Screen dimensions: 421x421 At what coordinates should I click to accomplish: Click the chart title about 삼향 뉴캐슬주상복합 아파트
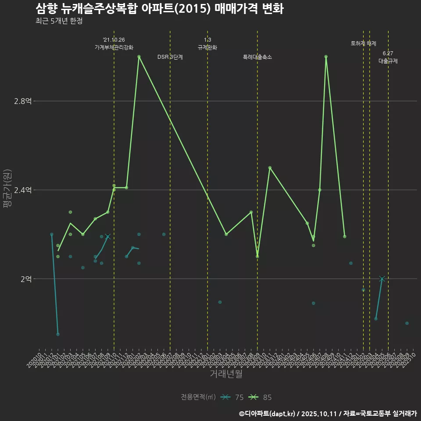pyautogui.click(x=159, y=9)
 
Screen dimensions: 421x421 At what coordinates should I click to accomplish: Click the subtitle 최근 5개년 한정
pyautogui.click(x=59, y=21)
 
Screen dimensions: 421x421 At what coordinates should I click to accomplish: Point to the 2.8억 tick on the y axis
pyautogui.click(x=23, y=101)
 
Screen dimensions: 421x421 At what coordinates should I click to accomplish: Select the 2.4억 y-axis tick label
pyautogui.click(x=23, y=190)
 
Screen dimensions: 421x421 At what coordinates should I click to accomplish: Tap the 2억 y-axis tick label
pyautogui.click(x=26, y=279)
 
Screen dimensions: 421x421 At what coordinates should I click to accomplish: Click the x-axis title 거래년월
pyautogui.click(x=226, y=374)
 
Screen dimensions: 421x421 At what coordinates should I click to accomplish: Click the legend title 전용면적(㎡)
pyautogui.click(x=198, y=397)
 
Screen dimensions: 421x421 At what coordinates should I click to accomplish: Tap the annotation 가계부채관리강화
pyautogui.click(x=114, y=47)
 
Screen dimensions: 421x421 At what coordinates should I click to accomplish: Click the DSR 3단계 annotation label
pyautogui.click(x=170, y=57)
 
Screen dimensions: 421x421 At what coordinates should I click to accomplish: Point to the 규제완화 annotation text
pyautogui.click(x=207, y=47)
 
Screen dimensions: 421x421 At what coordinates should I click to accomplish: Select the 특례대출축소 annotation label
pyautogui.click(x=257, y=57)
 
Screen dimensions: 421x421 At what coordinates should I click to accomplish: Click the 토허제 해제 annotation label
pyautogui.click(x=364, y=43)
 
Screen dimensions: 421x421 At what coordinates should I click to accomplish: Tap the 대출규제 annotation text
pyautogui.click(x=388, y=61)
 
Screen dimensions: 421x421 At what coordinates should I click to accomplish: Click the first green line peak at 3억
pyautogui.click(x=139, y=57)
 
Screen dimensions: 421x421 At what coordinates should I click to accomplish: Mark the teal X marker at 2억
pyautogui.click(x=382, y=279)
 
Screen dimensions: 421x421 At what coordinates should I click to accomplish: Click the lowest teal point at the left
pyautogui.click(x=58, y=334)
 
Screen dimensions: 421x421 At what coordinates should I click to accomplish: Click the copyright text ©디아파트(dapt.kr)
pyautogui.click(x=268, y=414)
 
